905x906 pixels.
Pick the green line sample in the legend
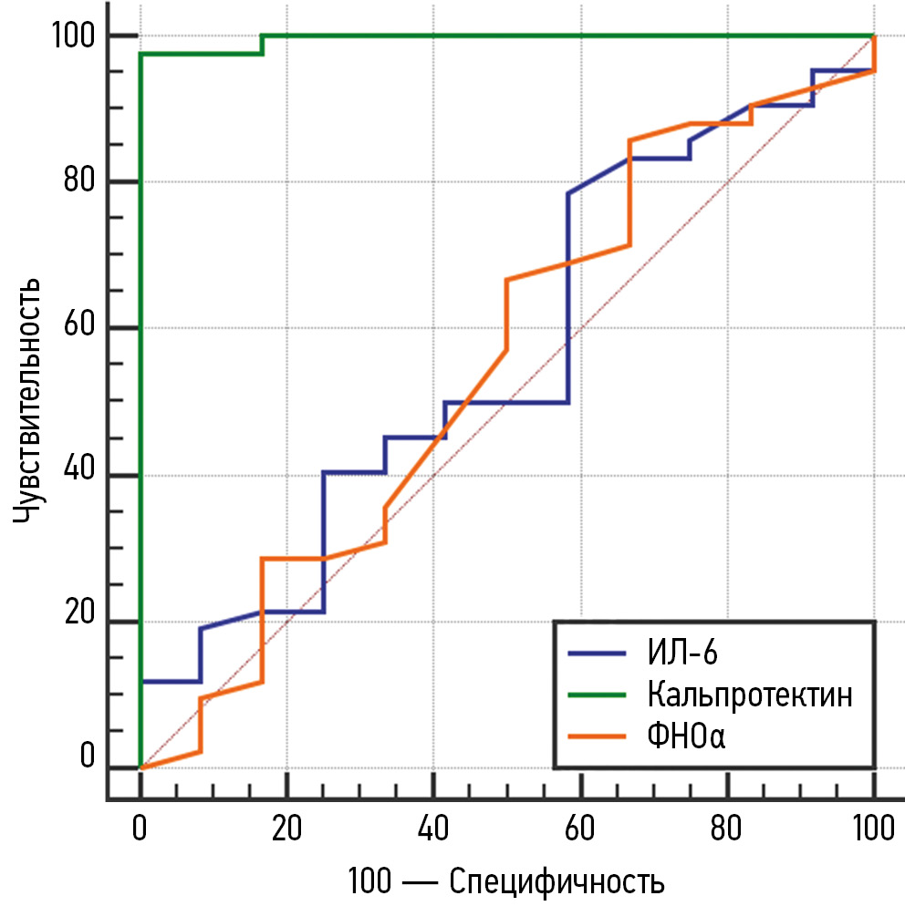(x=597, y=695)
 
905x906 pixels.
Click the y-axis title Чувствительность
(x=29, y=402)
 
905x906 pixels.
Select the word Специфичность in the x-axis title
(x=557, y=881)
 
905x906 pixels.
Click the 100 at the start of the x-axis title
(x=369, y=881)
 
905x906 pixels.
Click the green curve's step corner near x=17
(x=262, y=36)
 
